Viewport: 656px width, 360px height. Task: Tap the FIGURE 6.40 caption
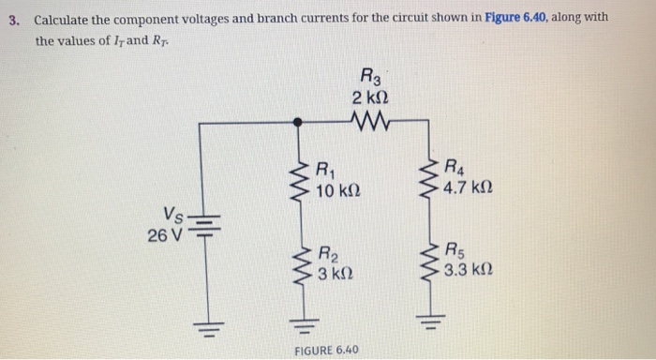point(326,350)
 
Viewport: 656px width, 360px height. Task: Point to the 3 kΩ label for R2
point(336,274)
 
